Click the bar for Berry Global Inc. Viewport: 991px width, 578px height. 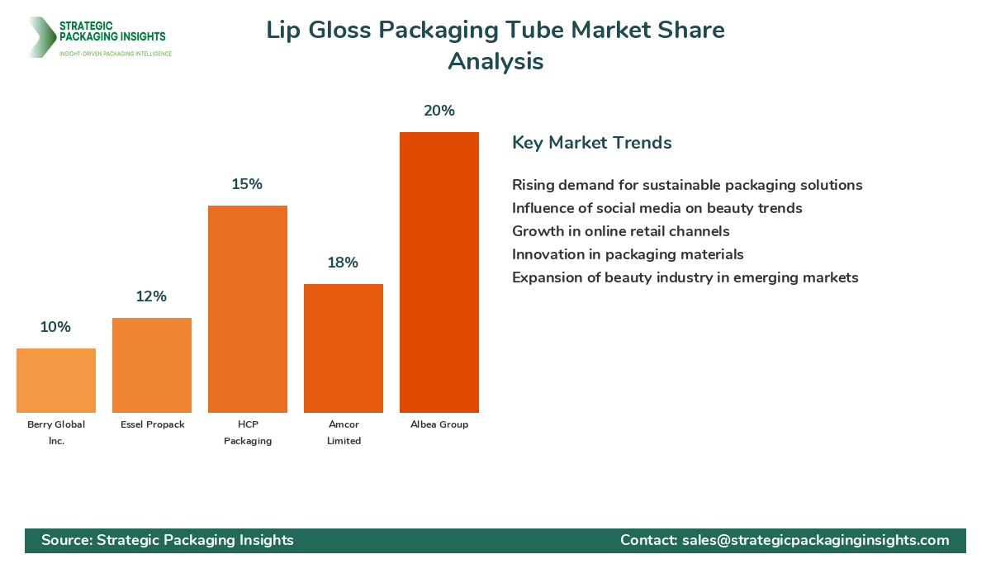(x=56, y=381)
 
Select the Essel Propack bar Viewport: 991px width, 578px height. (x=152, y=365)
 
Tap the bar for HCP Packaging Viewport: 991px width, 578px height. (x=248, y=309)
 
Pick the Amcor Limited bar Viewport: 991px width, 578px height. (x=344, y=348)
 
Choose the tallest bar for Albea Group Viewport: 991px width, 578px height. (x=439, y=272)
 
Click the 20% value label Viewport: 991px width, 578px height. (x=439, y=111)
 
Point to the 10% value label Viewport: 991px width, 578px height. (x=55, y=327)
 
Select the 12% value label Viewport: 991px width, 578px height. (x=152, y=296)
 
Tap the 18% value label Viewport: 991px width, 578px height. (x=344, y=263)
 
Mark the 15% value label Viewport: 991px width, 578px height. (x=247, y=184)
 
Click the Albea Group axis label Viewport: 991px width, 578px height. (x=439, y=424)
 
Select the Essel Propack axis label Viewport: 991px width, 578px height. (x=152, y=424)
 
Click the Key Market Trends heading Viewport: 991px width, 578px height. (x=591, y=143)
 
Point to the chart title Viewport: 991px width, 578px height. (x=495, y=45)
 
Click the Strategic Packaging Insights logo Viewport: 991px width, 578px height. (x=99, y=37)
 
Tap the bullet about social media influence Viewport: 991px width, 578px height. (x=657, y=208)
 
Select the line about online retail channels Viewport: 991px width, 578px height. (x=620, y=231)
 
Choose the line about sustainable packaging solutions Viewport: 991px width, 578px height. (x=687, y=185)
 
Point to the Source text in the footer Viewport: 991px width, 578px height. (x=168, y=540)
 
